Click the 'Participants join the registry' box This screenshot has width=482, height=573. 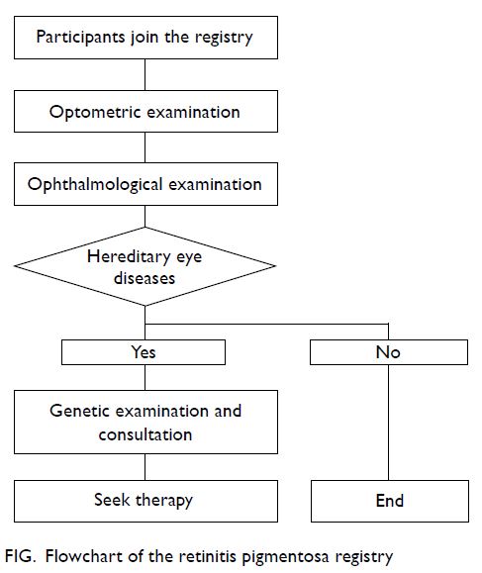click(x=145, y=38)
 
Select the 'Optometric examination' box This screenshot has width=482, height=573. click(x=145, y=112)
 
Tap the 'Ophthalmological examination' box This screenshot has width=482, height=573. click(x=145, y=184)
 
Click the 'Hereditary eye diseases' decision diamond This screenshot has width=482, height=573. click(x=145, y=266)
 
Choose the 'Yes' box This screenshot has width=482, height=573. click(x=144, y=352)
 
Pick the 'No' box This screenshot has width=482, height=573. click(x=389, y=352)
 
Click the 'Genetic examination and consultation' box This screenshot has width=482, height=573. click(x=145, y=422)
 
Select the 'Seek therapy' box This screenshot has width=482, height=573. click(x=145, y=501)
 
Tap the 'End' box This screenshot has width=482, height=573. click(x=390, y=501)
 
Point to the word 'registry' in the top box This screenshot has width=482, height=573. click(x=224, y=38)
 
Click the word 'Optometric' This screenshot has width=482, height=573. click(x=95, y=112)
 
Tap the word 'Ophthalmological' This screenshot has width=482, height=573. click(x=95, y=184)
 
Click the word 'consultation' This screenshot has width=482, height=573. click(x=145, y=434)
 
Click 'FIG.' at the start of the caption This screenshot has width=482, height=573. click(x=21, y=556)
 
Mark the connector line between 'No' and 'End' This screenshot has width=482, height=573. click(x=388, y=423)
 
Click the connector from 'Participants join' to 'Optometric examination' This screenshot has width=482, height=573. click(x=145, y=74)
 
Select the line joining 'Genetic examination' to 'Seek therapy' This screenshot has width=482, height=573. click(x=145, y=467)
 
